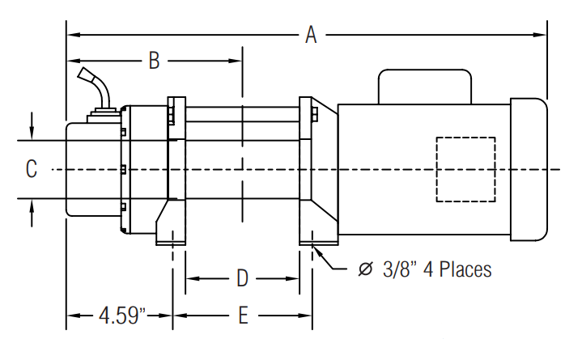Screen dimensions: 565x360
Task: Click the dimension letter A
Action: (x=311, y=35)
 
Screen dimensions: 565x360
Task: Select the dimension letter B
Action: (x=155, y=61)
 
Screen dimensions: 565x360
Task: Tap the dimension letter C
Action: (x=32, y=168)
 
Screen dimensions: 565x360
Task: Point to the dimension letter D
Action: (x=243, y=278)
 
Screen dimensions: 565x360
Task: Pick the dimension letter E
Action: (x=244, y=316)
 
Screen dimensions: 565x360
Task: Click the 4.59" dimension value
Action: (x=122, y=316)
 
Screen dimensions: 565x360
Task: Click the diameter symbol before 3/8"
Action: (x=365, y=269)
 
